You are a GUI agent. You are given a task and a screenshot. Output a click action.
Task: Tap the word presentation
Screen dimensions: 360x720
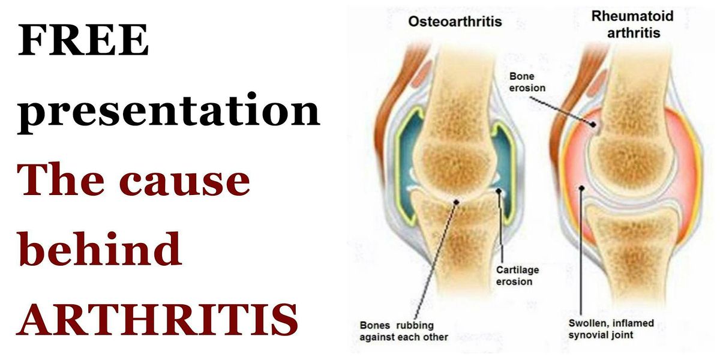169,112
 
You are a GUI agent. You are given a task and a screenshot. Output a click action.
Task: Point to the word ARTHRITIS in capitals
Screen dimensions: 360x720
157,318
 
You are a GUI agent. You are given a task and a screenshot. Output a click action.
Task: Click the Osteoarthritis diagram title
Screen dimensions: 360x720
455,22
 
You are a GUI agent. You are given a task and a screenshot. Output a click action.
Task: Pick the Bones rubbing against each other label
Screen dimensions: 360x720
403,331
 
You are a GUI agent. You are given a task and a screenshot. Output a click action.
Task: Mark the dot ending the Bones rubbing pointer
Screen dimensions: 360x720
455,202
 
